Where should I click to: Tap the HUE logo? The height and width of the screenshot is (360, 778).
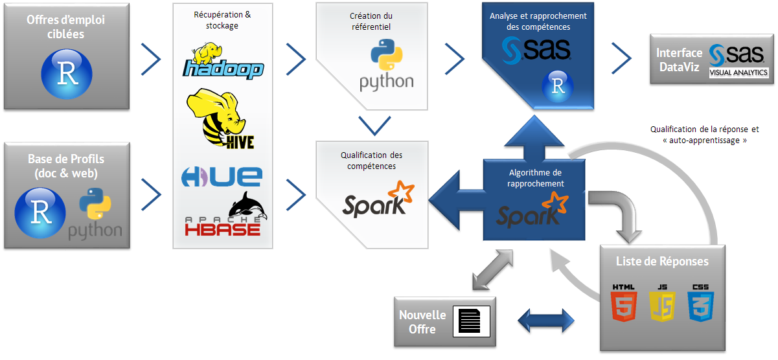222,175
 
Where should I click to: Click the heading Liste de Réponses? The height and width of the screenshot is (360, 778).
662,262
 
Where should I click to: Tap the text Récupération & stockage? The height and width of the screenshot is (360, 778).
223,20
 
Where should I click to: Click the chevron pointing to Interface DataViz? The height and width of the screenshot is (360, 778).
621,59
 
